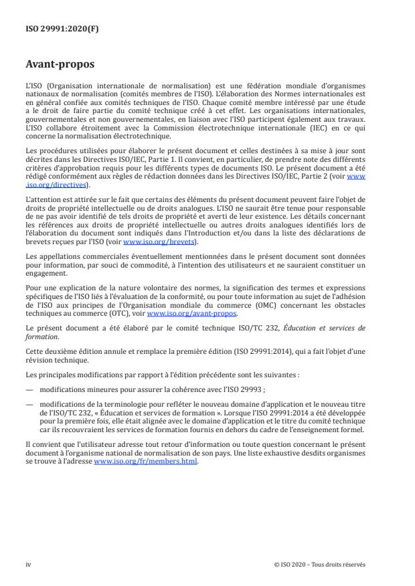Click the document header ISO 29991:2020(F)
[x=55, y=29]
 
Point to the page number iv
[x=28, y=564]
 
